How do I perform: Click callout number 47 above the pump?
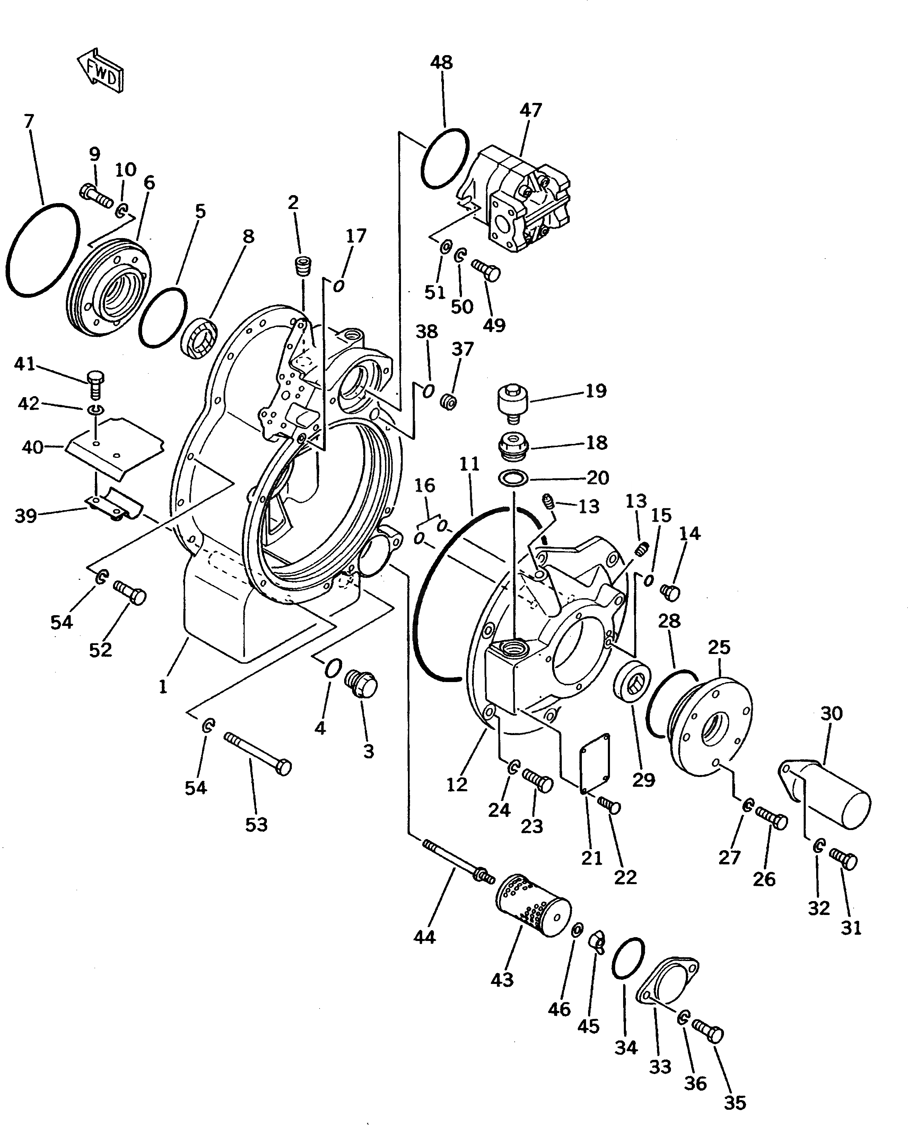point(530,110)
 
